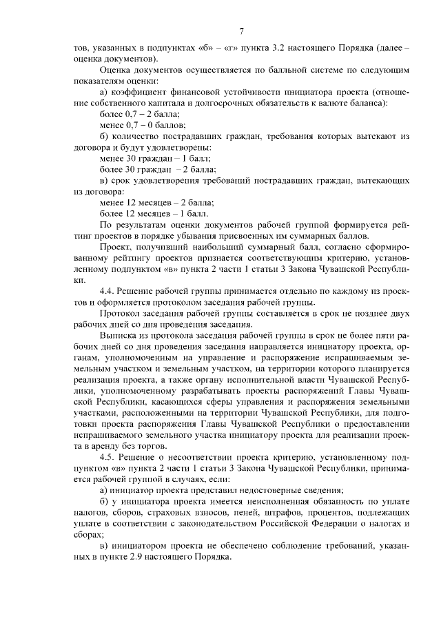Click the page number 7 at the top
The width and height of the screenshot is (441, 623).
[x=242, y=31]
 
